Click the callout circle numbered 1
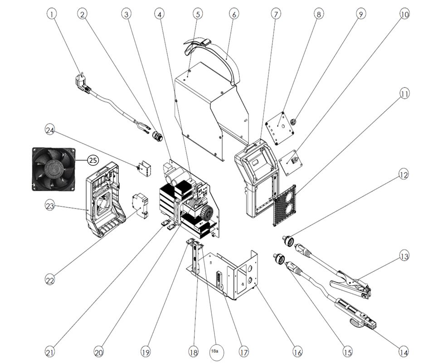(x=53, y=15)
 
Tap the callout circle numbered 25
(x=93, y=160)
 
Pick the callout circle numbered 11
(x=404, y=94)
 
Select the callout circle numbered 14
(x=403, y=351)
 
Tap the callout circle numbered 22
(x=49, y=280)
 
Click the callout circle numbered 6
(x=234, y=15)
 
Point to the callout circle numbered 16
(x=297, y=351)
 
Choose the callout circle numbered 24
(x=49, y=131)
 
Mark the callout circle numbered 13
(x=404, y=256)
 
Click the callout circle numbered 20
(x=99, y=351)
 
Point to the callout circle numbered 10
(x=404, y=15)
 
